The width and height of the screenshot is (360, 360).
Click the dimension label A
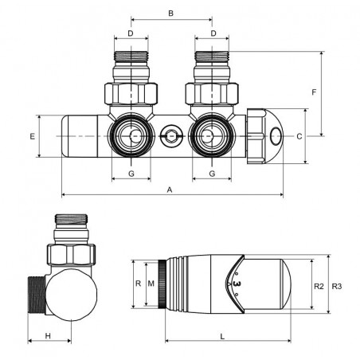pyautogui.click(x=170, y=190)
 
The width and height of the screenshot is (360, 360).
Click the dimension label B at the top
pyautogui.click(x=171, y=14)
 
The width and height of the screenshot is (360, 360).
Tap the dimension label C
pyautogui.click(x=299, y=136)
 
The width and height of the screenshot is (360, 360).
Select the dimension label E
pyautogui.click(x=33, y=136)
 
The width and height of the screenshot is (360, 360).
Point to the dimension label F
pyautogui.click(x=314, y=92)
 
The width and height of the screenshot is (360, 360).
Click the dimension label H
pyautogui.click(x=48, y=336)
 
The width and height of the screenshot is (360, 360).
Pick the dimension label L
pyautogui.click(x=222, y=337)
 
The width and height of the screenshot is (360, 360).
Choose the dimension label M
pyautogui.click(x=151, y=284)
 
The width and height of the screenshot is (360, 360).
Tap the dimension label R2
pyautogui.click(x=319, y=287)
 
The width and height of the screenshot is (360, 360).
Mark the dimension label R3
pyautogui.click(x=337, y=287)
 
